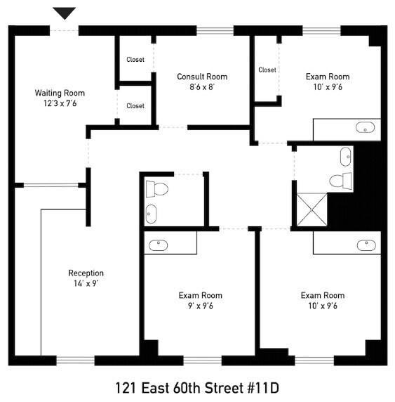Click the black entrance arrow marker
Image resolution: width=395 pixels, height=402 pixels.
65,13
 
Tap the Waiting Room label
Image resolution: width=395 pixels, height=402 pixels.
60,93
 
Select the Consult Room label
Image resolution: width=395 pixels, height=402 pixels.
202,77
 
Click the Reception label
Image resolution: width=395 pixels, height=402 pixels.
86,273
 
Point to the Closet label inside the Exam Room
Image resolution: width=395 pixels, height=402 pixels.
267,70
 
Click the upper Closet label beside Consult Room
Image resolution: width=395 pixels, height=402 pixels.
135,60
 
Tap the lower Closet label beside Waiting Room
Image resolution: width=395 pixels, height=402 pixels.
135,106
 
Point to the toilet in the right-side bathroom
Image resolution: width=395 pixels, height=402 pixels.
341,180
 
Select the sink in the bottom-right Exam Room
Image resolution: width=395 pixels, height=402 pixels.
366,245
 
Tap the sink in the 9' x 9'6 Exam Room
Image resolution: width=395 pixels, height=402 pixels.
159,245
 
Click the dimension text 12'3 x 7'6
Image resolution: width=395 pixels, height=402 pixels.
60,104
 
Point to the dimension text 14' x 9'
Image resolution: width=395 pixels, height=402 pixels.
86,285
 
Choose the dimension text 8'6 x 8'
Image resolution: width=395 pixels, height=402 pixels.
202,87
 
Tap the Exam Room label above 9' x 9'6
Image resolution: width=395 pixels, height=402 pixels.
200,295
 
